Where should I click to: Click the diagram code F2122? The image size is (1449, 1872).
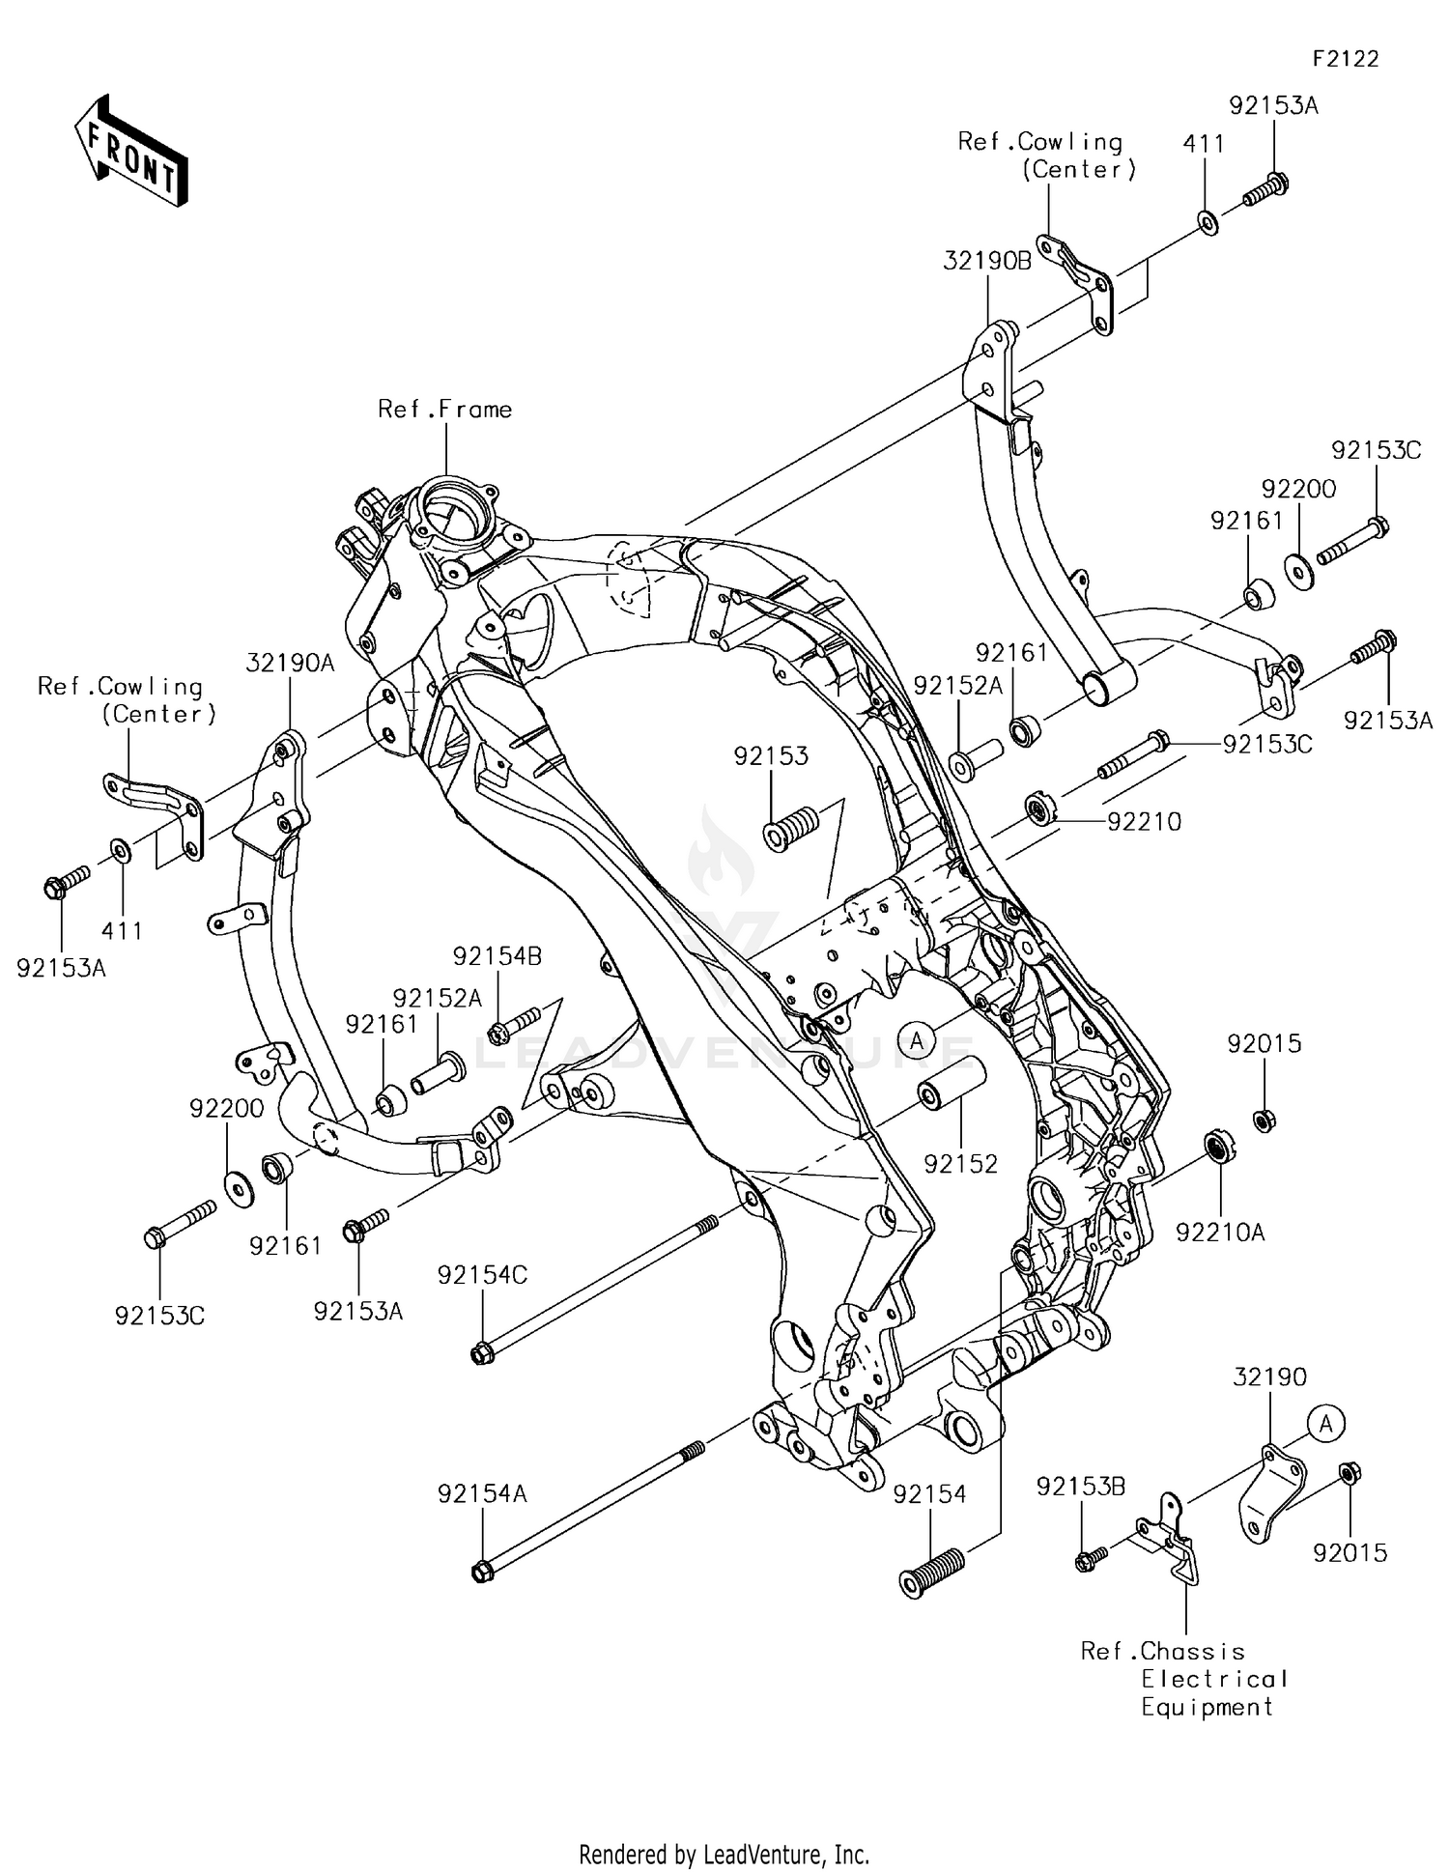pyautogui.click(x=1345, y=59)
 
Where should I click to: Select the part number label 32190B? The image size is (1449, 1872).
pyautogui.click(x=987, y=260)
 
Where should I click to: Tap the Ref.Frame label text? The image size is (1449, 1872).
pyautogui.click(x=444, y=410)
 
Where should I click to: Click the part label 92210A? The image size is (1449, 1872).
pyautogui.click(x=1220, y=1233)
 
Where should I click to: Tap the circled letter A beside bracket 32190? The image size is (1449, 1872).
pyautogui.click(x=1326, y=1423)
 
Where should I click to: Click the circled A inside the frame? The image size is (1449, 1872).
pyautogui.click(x=917, y=1039)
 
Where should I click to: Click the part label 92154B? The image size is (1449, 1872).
pyautogui.click(x=497, y=956)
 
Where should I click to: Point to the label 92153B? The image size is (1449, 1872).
pyautogui.click(x=1080, y=1487)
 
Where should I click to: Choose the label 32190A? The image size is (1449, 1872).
pyautogui.click(x=290, y=663)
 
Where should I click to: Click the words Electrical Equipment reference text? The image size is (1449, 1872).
pyautogui.click(x=1213, y=1692)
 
